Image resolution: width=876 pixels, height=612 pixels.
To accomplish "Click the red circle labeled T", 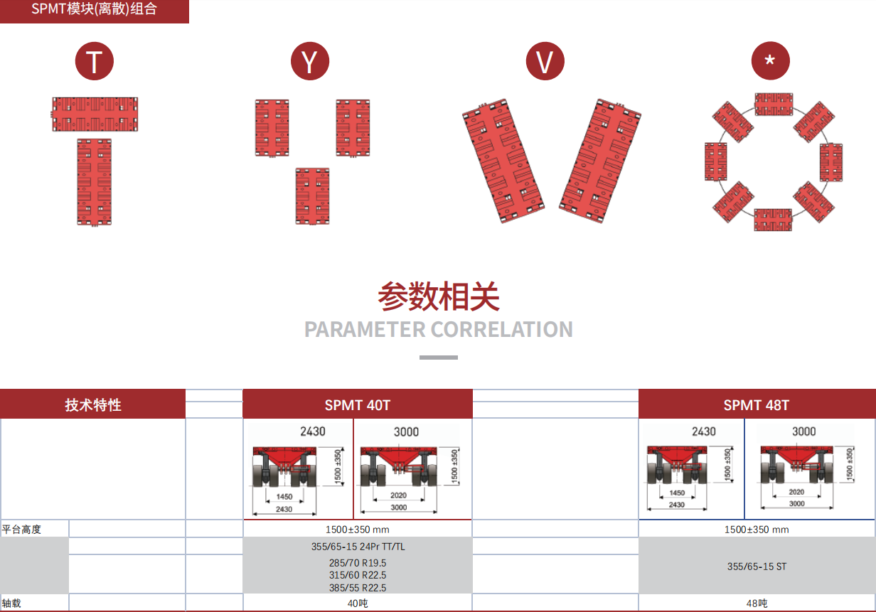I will pyautogui.click(x=95, y=62).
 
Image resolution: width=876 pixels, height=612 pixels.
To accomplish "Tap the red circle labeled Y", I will pyautogui.click(x=310, y=62).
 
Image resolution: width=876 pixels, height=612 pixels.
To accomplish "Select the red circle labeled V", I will pyautogui.click(x=545, y=62).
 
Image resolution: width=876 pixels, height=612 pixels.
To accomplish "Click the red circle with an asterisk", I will pyautogui.click(x=770, y=62).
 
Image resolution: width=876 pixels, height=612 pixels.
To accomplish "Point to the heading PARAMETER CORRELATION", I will pyautogui.click(x=438, y=330).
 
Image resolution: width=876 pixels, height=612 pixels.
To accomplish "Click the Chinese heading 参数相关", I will pyautogui.click(x=438, y=296).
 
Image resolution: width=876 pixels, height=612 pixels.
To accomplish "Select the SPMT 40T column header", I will pyautogui.click(x=358, y=405).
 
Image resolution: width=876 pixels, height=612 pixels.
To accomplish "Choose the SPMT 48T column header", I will pyautogui.click(x=757, y=405).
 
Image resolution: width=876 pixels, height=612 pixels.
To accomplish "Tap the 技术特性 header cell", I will pyautogui.click(x=93, y=405).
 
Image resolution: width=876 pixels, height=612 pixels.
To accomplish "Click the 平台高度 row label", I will pyautogui.click(x=21, y=530).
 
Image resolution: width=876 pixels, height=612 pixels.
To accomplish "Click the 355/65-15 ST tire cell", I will pyautogui.click(x=757, y=567).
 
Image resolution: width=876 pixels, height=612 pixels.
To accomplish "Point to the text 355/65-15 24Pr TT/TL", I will pyautogui.click(x=358, y=547).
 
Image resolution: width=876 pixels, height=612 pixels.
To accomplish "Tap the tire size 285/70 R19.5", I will pyautogui.click(x=358, y=563).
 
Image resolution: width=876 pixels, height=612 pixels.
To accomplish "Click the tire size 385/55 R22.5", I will pyautogui.click(x=358, y=587).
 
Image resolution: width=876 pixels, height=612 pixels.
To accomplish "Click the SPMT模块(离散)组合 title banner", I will pyautogui.click(x=94, y=10).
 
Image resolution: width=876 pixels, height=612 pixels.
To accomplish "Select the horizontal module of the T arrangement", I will pyautogui.click(x=95, y=114).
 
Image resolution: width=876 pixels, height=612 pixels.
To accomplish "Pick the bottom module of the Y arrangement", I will pyautogui.click(x=312, y=196).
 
